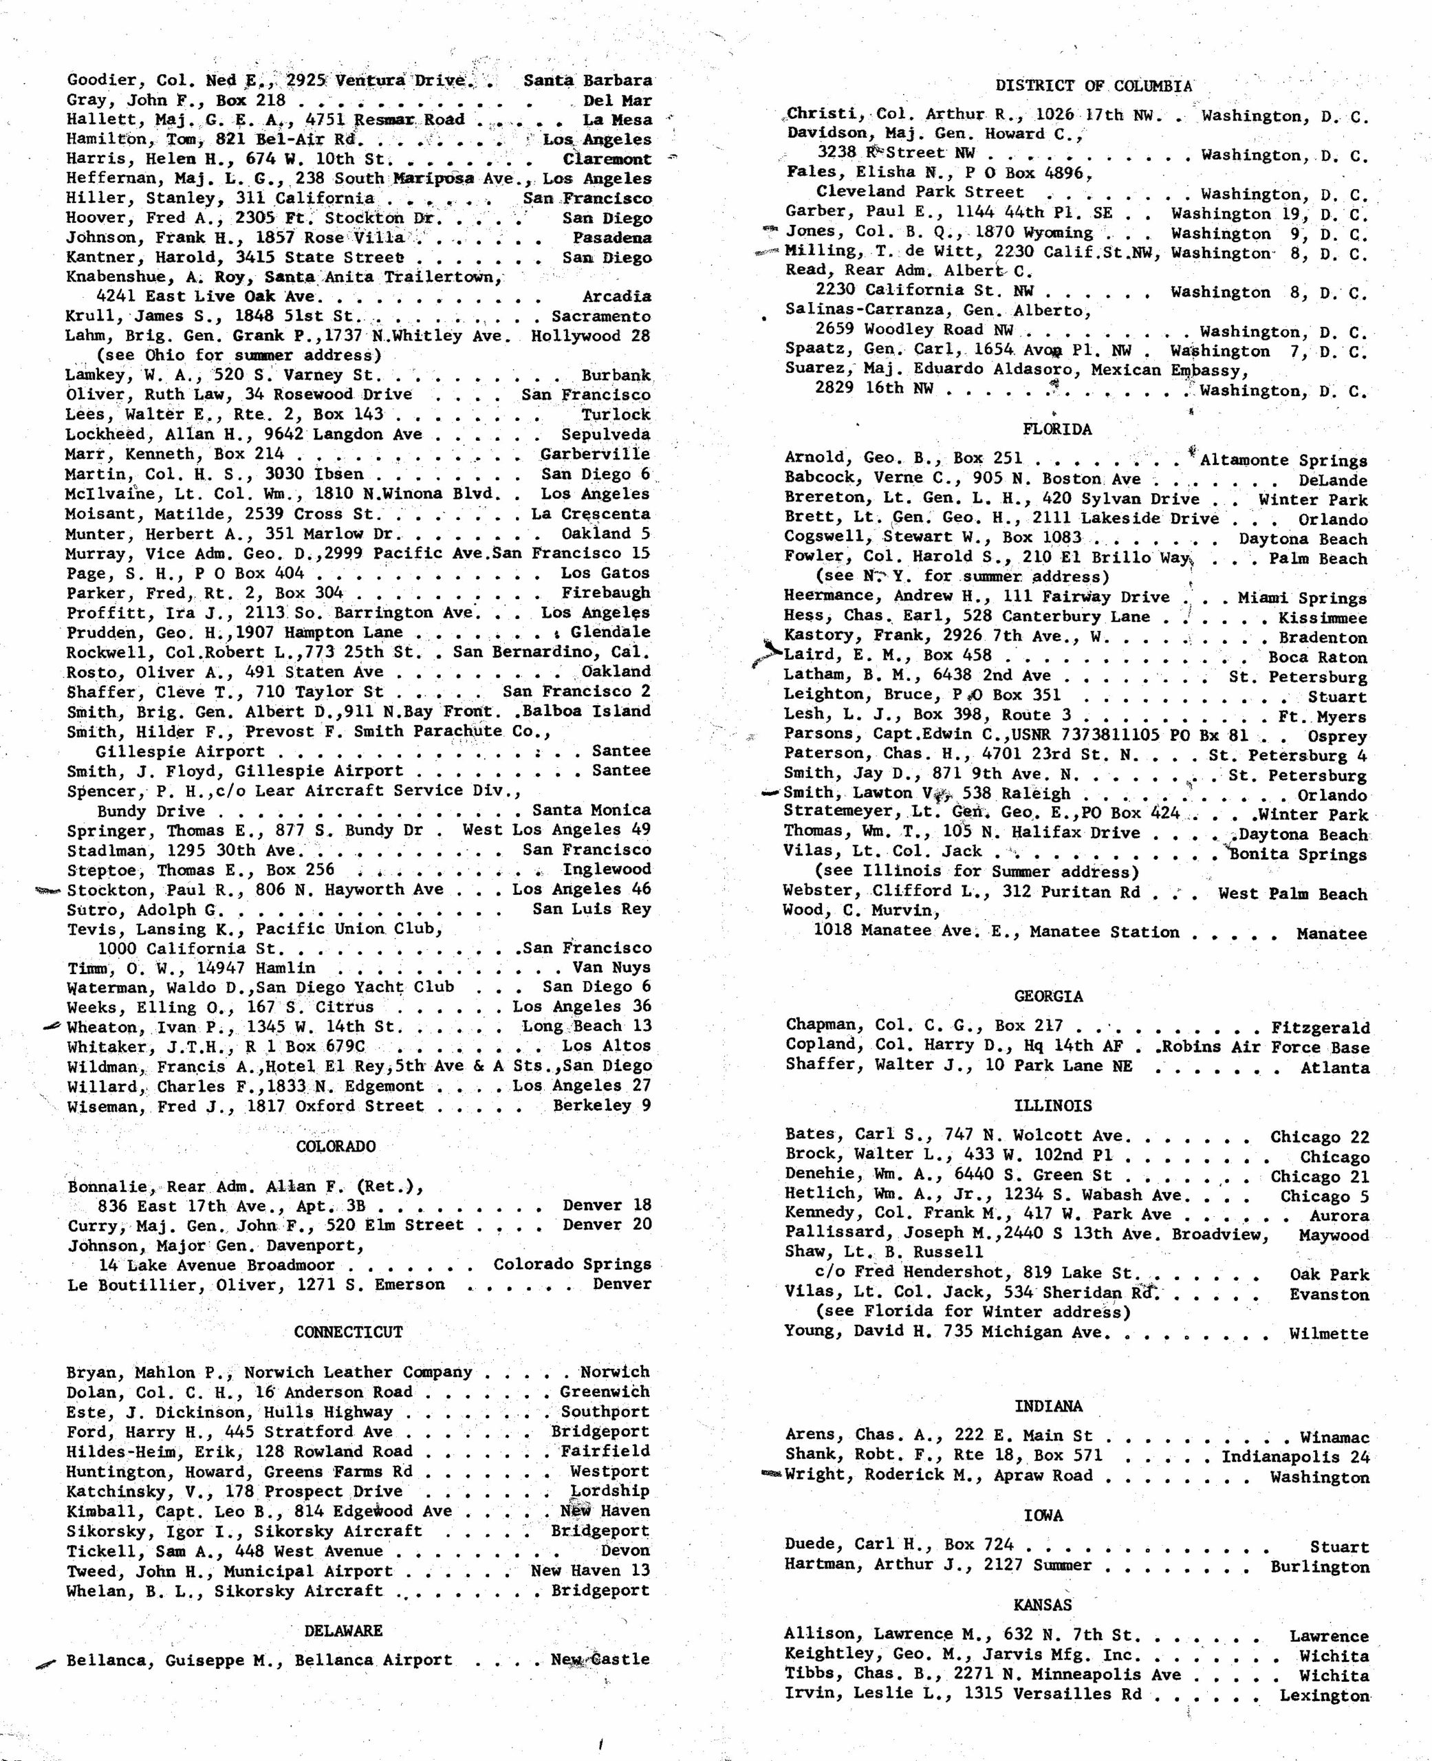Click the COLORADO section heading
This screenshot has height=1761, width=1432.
pyautogui.click(x=336, y=1147)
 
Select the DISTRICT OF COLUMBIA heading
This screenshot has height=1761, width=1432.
pyautogui.click(x=1093, y=86)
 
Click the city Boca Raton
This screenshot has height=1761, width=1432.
pyautogui.click(x=1317, y=658)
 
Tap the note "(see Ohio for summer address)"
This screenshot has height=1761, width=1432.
pyautogui.click(x=239, y=356)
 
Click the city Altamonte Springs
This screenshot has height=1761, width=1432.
pyautogui.click(x=1283, y=460)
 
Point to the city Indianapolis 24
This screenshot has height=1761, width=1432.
pyautogui.click(x=1294, y=1457)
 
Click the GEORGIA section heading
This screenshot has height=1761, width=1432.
pyautogui.click(x=1048, y=996)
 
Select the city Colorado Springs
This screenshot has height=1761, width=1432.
pyautogui.click(x=572, y=1264)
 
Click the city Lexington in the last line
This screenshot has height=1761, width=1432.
pyautogui.click(x=1323, y=1696)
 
